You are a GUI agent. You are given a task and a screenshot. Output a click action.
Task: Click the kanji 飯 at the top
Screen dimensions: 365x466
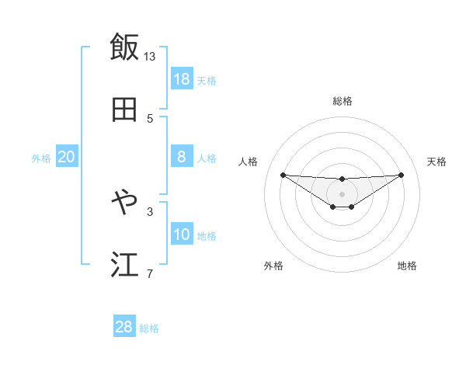pos(124,47)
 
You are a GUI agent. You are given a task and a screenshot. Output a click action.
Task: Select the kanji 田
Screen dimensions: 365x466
pos(124,109)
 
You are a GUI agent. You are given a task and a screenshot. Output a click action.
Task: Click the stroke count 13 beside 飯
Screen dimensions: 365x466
pos(150,56)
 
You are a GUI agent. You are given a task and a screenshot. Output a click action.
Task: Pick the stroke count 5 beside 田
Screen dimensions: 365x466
pos(150,118)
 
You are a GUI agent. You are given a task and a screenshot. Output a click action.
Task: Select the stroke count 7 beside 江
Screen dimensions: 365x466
pos(150,273)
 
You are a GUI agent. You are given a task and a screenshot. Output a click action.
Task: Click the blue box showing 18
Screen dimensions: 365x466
pos(182,79)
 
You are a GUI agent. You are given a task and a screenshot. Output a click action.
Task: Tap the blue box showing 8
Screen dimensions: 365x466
pos(182,157)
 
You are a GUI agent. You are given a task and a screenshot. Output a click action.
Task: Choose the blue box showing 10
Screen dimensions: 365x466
pos(182,235)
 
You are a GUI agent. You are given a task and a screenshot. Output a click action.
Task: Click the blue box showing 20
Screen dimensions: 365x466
pos(67,157)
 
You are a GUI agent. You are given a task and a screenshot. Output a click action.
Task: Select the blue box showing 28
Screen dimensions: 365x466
pos(123,327)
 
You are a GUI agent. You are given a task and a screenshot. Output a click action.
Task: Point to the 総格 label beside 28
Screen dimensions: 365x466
pos(149,328)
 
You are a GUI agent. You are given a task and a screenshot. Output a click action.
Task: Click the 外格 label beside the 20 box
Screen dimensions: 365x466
pos(41,158)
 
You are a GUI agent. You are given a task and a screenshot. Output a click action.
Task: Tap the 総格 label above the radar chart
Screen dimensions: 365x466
pos(342,101)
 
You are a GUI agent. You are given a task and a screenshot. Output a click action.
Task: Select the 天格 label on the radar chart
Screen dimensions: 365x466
pos(436,162)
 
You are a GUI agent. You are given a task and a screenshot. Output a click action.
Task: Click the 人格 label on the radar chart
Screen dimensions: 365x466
pos(248,162)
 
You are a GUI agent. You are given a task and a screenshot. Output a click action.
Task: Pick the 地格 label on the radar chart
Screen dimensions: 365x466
pos(407,266)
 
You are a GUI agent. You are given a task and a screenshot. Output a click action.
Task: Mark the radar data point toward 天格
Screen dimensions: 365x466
pos(402,175)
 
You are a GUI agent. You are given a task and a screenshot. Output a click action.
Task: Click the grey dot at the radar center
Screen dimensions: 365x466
pos(342,193)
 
